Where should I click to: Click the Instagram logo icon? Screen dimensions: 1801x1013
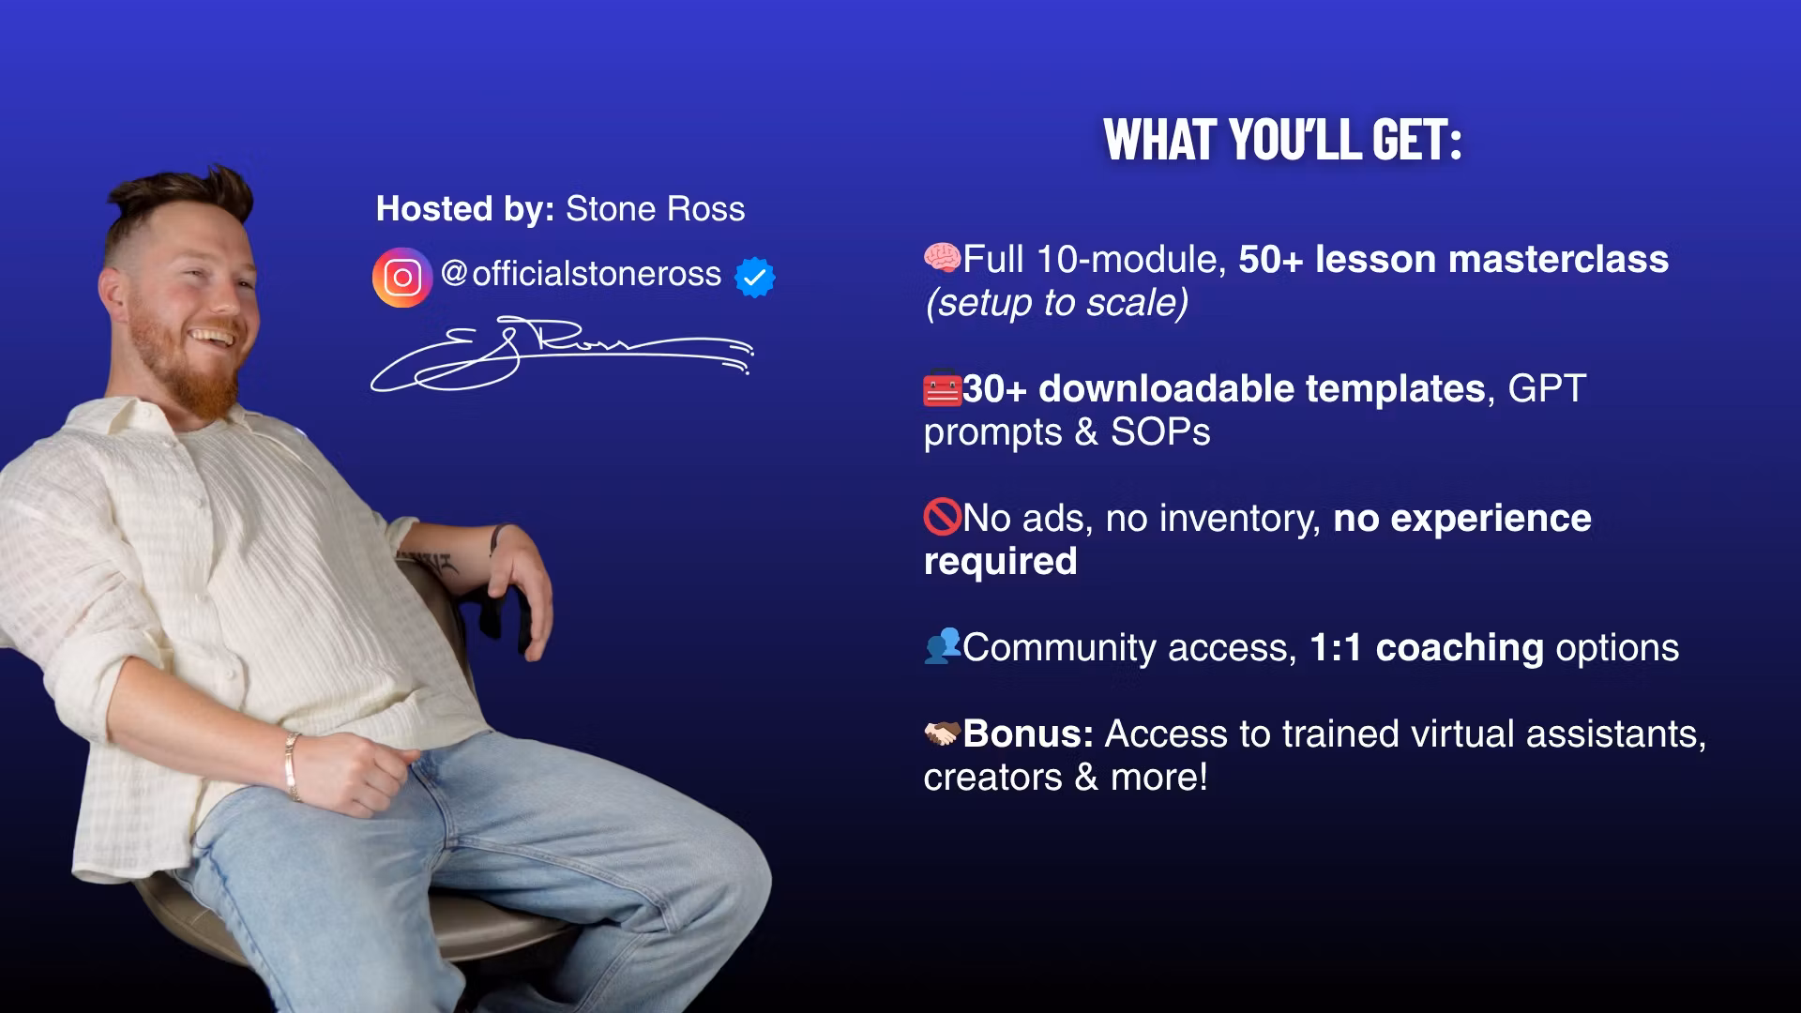pos(402,277)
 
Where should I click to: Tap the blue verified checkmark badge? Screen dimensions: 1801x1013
pos(755,277)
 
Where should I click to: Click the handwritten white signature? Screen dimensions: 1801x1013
pos(562,355)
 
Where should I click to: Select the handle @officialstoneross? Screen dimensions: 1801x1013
pos(581,274)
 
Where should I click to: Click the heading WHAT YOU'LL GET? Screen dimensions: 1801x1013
pos(1282,140)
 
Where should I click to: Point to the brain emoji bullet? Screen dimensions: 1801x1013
pos(943,257)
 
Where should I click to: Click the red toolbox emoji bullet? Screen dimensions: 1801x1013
pos(943,387)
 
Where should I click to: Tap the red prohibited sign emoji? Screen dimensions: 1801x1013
pos(943,517)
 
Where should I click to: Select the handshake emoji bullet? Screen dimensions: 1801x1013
pos(943,733)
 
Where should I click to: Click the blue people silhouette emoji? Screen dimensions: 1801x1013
pos(943,645)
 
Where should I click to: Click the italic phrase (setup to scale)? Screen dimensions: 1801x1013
pos(1057,303)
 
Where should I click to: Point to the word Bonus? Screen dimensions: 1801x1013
pos(1028,733)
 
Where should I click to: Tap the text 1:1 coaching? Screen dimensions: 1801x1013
pos(1426,648)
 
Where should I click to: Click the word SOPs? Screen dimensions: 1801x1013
pos(1160,432)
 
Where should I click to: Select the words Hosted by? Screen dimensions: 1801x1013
pos(465,209)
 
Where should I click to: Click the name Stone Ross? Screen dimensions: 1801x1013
pos(656,208)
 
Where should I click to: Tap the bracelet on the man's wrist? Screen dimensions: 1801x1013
pos(293,766)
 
